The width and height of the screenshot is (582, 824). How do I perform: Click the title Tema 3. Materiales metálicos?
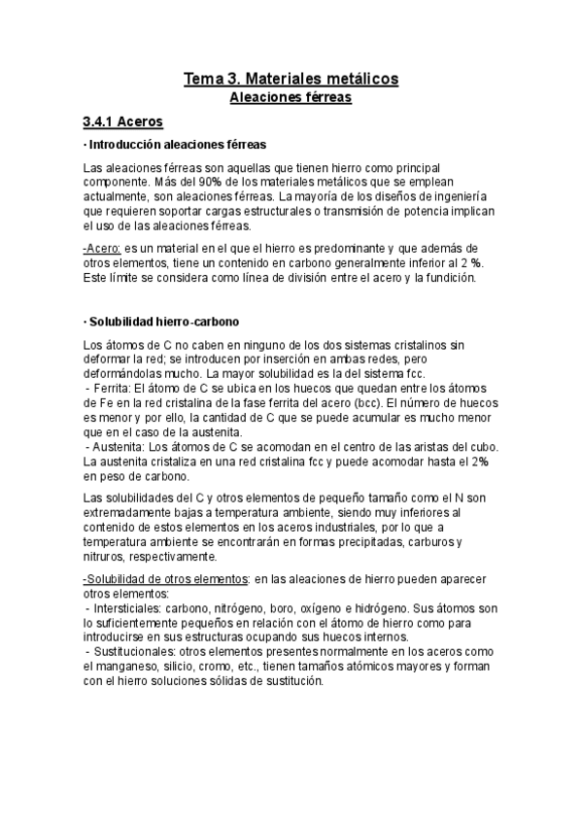291,78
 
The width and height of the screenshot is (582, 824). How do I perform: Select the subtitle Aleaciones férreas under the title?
291,97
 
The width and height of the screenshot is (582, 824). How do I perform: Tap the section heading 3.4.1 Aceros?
122,122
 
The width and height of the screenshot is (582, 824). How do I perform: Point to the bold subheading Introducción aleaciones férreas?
177,145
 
